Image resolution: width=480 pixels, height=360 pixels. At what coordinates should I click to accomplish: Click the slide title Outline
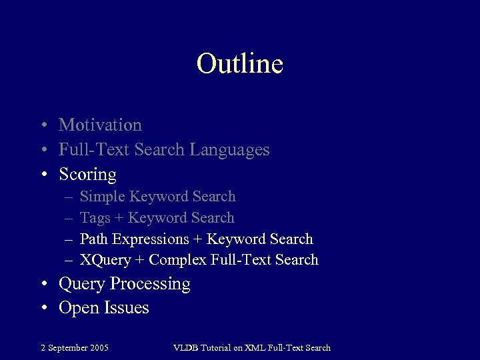[x=240, y=64]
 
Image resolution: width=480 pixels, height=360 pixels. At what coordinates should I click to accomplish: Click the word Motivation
[x=100, y=125]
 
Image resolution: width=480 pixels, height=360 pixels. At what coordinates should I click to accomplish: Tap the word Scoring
[x=87, y=175]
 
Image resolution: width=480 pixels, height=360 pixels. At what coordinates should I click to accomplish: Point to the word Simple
[x=102, y=197]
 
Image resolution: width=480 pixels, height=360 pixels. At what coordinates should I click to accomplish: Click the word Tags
[x=94, y=218]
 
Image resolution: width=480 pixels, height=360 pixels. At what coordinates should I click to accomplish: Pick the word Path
[x=94, y=239]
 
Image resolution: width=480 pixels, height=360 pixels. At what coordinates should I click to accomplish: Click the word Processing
[x=150, y=284]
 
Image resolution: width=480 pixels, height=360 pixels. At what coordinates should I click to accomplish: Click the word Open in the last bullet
[x=79, y=308]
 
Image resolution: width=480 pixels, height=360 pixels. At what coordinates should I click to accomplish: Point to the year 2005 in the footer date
[x=99, y=347]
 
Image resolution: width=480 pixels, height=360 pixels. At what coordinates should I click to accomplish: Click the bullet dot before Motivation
[x=43, y=125]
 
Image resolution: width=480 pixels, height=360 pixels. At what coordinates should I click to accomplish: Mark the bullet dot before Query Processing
[x=43, y=285]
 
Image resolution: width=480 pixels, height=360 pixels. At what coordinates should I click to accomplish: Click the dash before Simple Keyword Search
[x=69, y=197]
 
